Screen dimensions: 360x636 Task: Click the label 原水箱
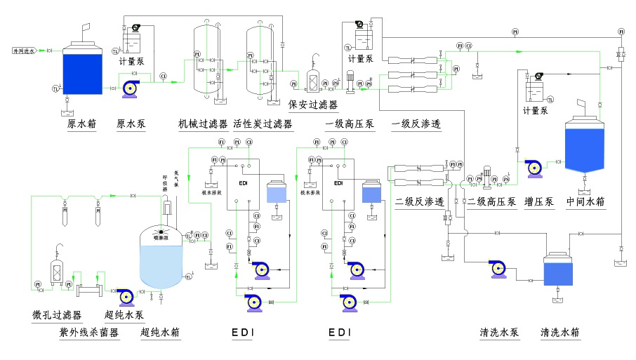pos(81,124)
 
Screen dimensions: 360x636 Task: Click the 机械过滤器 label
pos(203,124)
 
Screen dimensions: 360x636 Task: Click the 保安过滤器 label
pos(312,105)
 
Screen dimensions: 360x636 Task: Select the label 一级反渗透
pos(416,124)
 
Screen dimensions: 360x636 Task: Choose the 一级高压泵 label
pos(350,124)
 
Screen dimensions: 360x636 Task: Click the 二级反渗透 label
pos(420,202)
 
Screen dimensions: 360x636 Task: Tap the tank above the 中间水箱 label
pos(584,147)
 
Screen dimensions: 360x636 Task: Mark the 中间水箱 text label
pos(585,202)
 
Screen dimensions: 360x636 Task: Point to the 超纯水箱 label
pos(161,332)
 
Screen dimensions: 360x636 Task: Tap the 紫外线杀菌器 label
pos(88,332)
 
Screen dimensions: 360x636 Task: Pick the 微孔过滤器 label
pos(57,314)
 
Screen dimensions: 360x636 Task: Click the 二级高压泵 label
pos(492,202)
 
